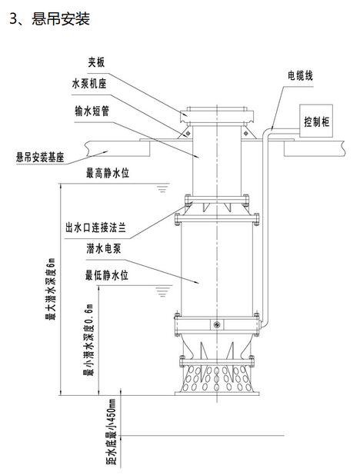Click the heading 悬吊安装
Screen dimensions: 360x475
[61, 18]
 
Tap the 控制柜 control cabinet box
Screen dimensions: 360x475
[316, 121]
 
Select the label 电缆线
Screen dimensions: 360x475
[300, 76]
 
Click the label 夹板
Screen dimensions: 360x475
[96, 62]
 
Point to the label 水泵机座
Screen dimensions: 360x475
[89, 84]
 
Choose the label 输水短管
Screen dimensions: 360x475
[92, 111]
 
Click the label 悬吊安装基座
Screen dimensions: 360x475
[40, 158]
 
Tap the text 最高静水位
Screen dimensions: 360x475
[108, 173]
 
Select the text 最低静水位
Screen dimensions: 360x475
[107, 275]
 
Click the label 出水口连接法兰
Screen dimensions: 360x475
[96, 228]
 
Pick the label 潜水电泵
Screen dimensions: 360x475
[104, 249]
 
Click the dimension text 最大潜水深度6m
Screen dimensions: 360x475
[50, 289]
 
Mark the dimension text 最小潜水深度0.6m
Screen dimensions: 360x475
[88, 340]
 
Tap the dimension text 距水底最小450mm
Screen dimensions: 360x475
[111, 432]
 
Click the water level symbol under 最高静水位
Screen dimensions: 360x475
[162, 189]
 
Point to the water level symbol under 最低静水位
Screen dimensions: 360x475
[162, 291]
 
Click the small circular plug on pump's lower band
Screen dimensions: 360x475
[217, 325]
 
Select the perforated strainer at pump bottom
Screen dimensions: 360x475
[217, 379]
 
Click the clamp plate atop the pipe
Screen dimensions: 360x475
[217, 116]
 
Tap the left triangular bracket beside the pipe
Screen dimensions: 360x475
[185, 133]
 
